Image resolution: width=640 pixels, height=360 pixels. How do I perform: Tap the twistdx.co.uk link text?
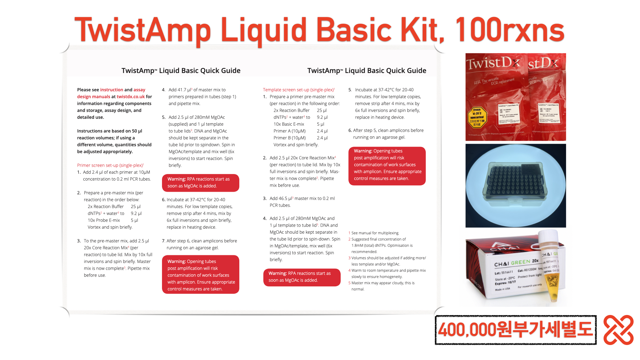click(x=131, y=97)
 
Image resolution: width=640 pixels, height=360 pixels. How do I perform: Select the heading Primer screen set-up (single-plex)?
click(x=110, y=165)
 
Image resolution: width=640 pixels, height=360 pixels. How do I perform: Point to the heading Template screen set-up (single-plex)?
click(x=298, y=90)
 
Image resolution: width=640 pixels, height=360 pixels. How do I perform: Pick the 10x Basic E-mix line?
click(x=289, y=124)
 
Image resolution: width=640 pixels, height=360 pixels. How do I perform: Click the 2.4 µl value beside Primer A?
click(x=322, y=131)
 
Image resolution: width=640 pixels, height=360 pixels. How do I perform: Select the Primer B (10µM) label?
click(x=289, y=138)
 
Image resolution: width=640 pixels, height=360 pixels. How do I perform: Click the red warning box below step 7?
click(x=200, y=275)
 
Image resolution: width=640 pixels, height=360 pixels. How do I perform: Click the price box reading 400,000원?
click(x=515, y=330)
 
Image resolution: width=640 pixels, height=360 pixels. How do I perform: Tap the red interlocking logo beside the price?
click(x=618, y=330)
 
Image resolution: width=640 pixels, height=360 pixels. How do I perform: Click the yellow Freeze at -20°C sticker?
click(x=477, y=117)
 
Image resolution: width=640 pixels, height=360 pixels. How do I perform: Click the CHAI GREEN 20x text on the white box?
click(x=516, y=263)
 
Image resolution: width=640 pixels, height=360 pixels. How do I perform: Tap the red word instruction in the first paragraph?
click(x=112, y=90)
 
